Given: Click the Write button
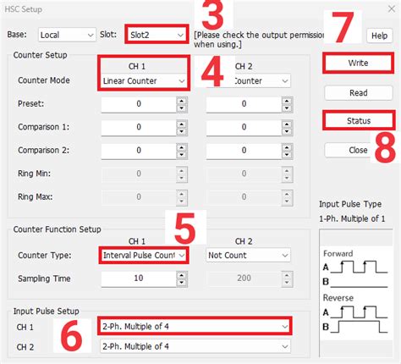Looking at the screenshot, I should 357,63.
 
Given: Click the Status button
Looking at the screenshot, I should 358,121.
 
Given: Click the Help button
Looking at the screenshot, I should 378,36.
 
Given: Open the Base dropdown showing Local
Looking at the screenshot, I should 67,35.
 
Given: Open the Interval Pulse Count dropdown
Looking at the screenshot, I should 143,255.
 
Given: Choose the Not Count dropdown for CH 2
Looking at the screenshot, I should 249,255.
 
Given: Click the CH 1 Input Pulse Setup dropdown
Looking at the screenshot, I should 195,324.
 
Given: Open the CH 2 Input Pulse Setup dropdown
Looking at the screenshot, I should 195,345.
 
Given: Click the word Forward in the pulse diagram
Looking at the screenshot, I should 342,253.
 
